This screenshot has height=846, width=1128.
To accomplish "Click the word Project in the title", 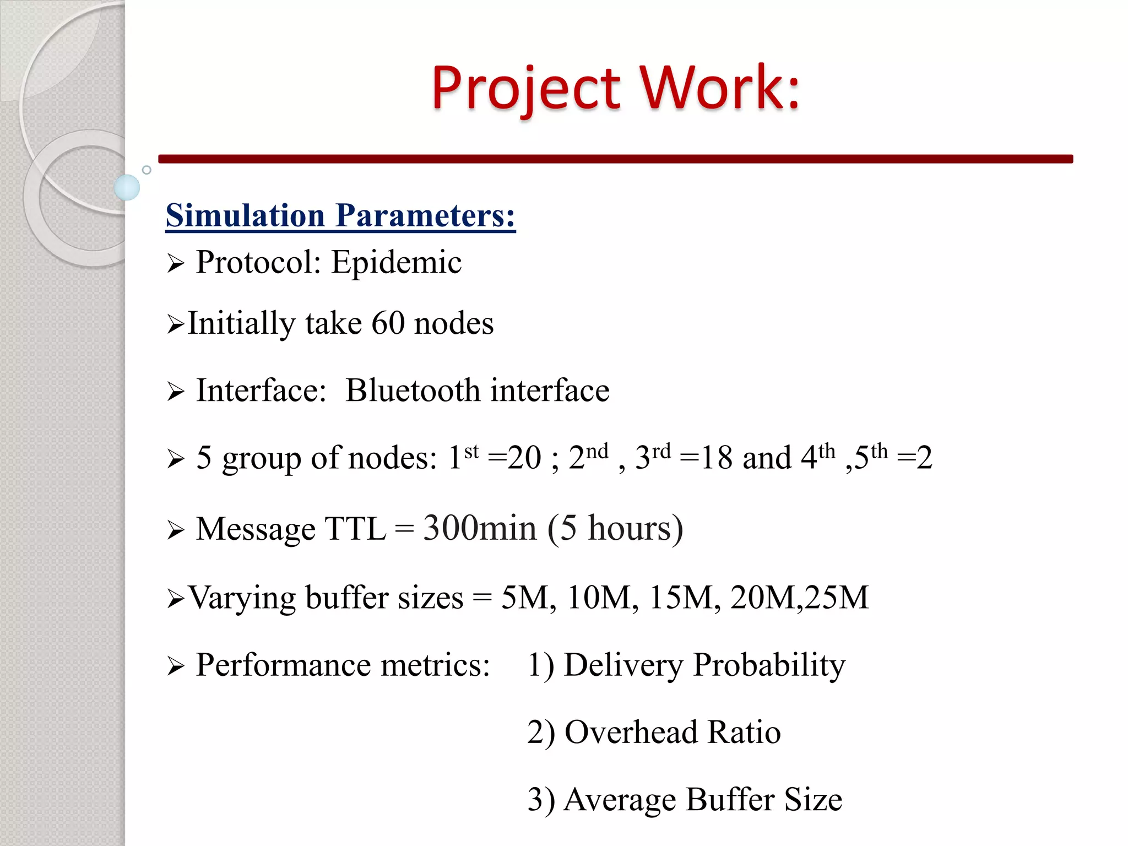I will tap(526, 88).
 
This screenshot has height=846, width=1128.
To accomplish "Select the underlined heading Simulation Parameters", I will tap(340, 215).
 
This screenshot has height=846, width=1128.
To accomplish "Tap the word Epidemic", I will tap(396, 262).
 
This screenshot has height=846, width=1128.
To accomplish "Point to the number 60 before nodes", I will tap(388, 323).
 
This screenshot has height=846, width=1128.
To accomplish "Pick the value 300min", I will tap(479, 528).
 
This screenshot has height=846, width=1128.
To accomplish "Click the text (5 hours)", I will tap(615, 528).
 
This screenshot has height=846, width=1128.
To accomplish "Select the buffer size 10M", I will tap(602, 597).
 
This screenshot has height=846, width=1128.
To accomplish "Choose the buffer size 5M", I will tap(528, 597).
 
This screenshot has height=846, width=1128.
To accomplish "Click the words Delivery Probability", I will tap(704, 665).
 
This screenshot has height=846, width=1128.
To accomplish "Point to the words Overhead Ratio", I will tap(673, 733).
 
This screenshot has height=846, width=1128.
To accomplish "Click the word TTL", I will tap(355, 529).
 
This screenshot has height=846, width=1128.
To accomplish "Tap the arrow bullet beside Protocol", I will tap(175, 264).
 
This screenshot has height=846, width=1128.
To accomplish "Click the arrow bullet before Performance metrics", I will tap(175, 666).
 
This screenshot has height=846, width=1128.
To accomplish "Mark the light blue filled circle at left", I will tap(127, 187).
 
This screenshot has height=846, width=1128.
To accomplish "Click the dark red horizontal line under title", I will tap(615, 159).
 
